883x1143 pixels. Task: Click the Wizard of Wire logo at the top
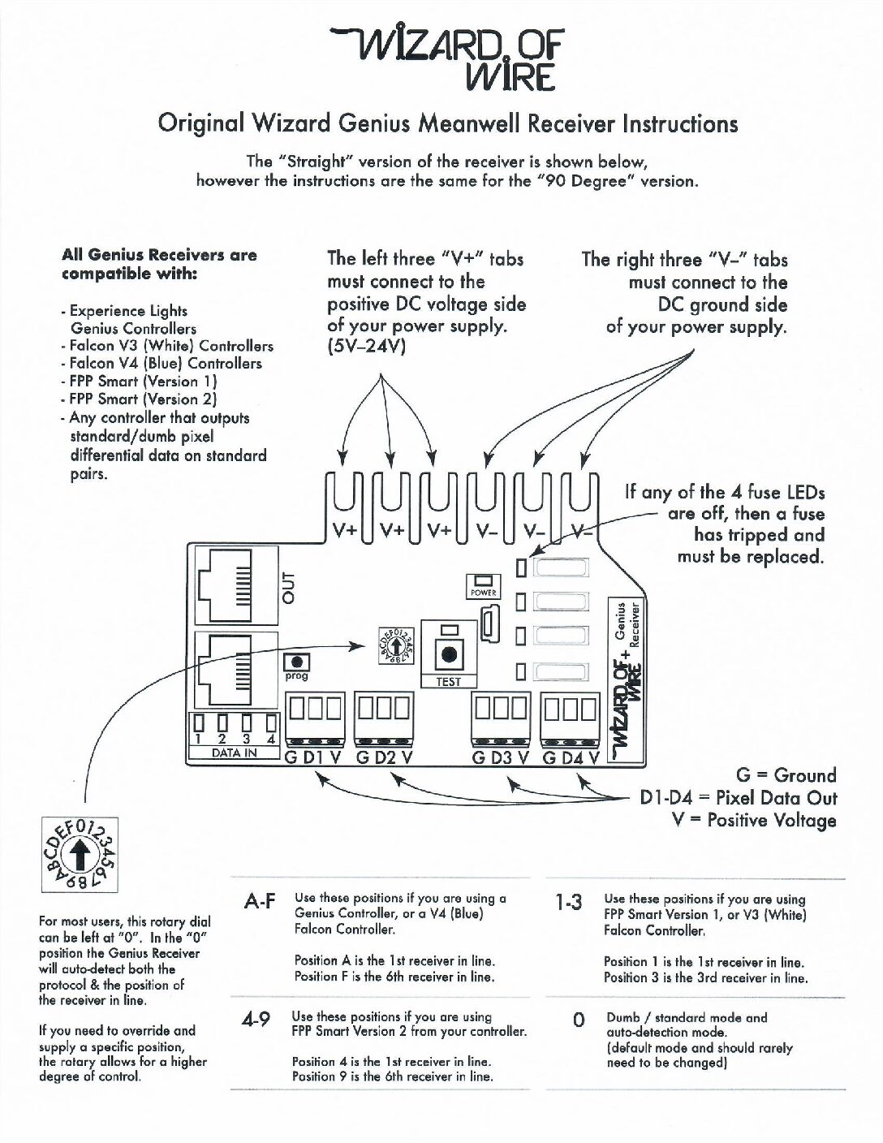point(450,57)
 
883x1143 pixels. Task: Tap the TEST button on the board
point(448,654)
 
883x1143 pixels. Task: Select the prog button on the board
point(297,663)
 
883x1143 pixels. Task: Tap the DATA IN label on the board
point(234,753)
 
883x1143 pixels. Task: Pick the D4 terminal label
point(572,758)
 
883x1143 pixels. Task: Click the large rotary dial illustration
point(79,856)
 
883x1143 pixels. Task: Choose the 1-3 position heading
point(568,903)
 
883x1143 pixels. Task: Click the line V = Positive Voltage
point(755,821)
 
